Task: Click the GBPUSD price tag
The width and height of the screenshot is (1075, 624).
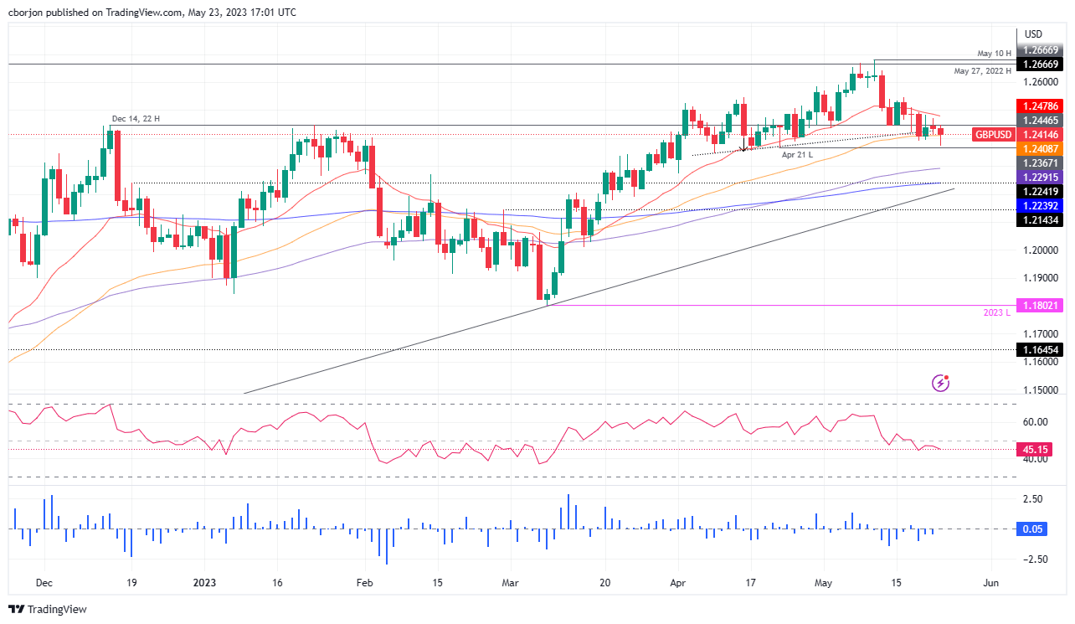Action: tap(992, 134)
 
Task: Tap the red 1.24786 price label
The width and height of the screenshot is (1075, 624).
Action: tap(1039, 106)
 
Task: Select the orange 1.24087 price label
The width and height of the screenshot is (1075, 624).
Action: tap(1039, 147)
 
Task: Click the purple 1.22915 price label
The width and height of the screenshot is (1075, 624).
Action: tap(1039, 178)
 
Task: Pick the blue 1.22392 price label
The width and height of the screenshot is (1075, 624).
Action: tap(1039, 205)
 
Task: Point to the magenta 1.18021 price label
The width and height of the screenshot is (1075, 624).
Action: tap(1039, 306)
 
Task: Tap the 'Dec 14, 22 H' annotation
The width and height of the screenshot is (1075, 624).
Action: tap(136, 119)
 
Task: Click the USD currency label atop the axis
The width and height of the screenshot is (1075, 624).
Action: tap(1034, 34)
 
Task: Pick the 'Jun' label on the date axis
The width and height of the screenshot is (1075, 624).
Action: tap(991, 582)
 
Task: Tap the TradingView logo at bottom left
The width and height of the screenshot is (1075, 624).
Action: tap(48, 610)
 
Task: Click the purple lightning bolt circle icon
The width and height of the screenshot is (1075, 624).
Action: tap(941, 384)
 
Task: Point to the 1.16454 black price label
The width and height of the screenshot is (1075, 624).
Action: tap(1039, 350)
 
